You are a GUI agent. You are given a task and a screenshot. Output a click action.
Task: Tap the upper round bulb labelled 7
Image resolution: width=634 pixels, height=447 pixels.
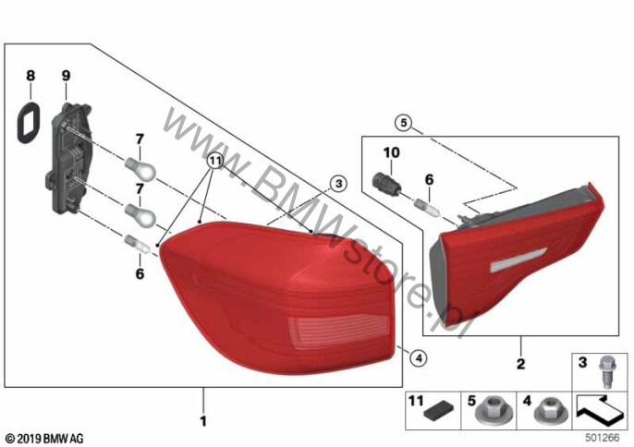click(140, 168)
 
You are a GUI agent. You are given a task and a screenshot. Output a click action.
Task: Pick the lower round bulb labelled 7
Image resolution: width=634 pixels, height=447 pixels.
click(140, 215)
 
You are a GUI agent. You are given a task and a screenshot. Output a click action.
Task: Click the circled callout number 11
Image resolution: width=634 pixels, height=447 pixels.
click(215, 162)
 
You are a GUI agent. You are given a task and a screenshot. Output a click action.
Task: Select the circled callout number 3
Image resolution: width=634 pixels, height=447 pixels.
click(338, 184)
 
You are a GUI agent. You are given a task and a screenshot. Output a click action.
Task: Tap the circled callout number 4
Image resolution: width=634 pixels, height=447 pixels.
click(418, 357)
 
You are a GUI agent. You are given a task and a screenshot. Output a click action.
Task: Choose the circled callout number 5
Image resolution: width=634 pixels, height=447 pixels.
click(404, 123)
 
